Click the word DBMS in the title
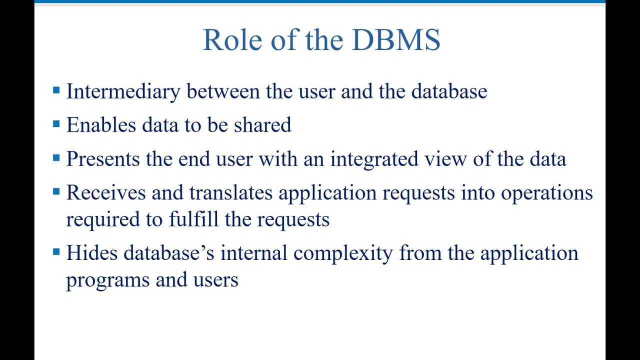coord(396,40)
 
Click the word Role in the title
coord(232,40)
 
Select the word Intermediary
coord(123,92)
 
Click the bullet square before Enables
coord(56,124)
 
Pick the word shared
coord(262,125)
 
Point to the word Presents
coord(103,159)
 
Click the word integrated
coord(374,159)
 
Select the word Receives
coord(105,192)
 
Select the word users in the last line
coord(216,280)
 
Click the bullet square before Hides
coord(56,252)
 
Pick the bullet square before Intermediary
coord(56,90)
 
